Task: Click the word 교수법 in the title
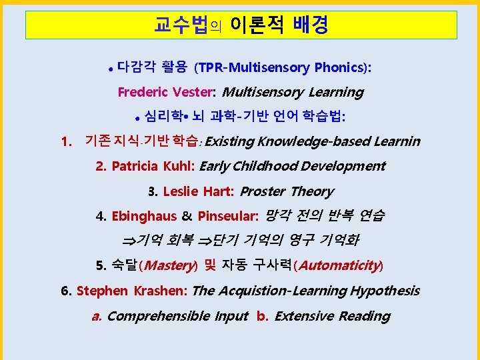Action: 181,25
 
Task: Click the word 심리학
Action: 163,117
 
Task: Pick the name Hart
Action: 217,191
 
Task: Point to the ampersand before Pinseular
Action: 187,216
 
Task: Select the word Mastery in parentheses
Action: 169,265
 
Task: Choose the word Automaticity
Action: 339,265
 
